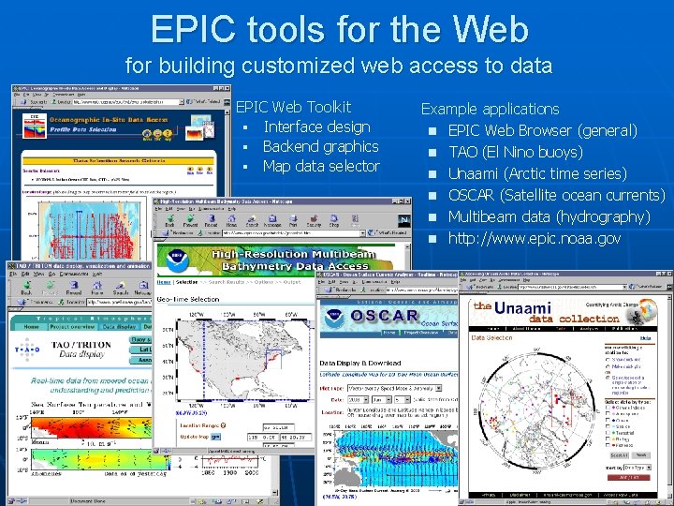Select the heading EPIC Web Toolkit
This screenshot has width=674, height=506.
click(x=293, y=107)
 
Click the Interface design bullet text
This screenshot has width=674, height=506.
click(x=316, y=126)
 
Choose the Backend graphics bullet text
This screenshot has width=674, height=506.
click(x=320, y=146)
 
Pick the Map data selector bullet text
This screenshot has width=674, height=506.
click(x=321, y=166)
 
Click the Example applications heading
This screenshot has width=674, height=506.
click(x=490, y=109)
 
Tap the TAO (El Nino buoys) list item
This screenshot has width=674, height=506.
click(x=515, y=152)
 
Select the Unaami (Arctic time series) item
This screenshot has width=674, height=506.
click(x=537, y=173)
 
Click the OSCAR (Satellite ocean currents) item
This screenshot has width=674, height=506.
click(x=556, y=195)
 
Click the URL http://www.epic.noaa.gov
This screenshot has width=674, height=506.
click(x=534, y=239)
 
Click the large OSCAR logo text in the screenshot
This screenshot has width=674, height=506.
click(x=384, y=316)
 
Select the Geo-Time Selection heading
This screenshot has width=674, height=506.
click(x=188, y=299)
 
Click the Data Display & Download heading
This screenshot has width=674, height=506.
click(x=359, y=363)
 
